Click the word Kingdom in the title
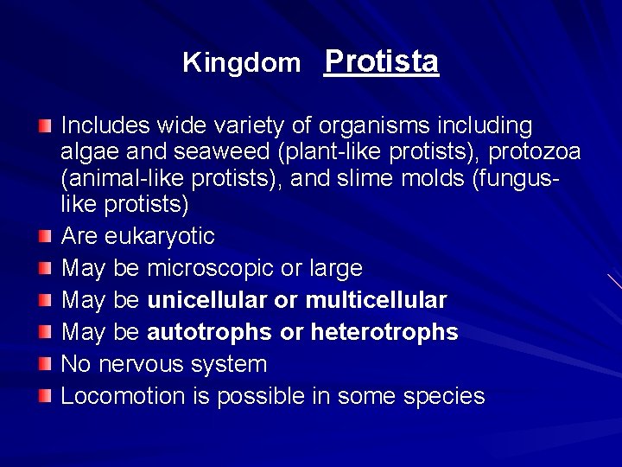241,63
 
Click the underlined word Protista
381,61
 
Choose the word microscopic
211,268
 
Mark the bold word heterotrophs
384,332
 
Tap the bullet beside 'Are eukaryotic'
45,236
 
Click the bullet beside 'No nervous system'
45,364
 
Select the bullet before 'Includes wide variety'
45,126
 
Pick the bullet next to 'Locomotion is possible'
45,396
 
